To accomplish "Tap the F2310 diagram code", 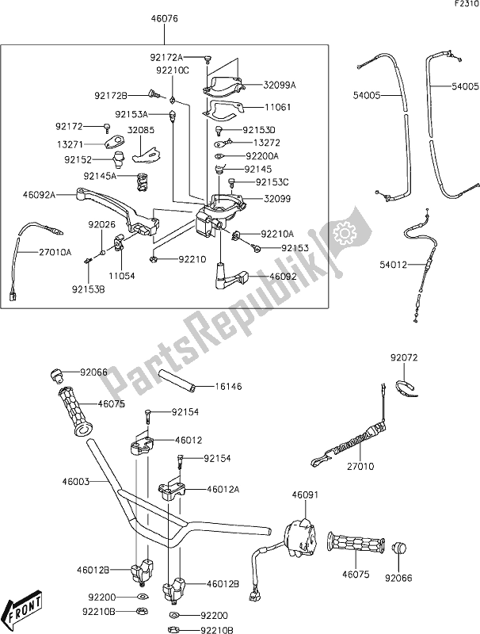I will pos(465,5).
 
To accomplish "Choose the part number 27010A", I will pos(56,252).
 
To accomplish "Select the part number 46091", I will pos(305,495).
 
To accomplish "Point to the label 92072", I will pos(402,358).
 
